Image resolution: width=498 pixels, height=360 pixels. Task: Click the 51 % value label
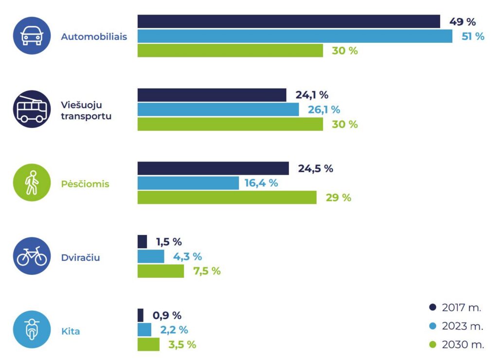pyautogui.click(x=473, y=36)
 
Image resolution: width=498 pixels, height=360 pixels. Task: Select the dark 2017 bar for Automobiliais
pyautogui.click(x=289, y=21)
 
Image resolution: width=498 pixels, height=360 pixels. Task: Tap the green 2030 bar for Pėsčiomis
pyautogui.click(x=227, y=198)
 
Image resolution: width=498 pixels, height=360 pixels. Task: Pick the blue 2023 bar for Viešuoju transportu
pyautogui.click(x=218, y=109)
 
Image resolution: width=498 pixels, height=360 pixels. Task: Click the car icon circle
pyautogui.click(x=32, y=36)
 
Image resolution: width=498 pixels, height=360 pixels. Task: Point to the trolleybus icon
pyautogui.click(x=32, y=109)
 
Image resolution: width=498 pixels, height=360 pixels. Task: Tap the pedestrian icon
pyautogui.click(x=32, y=182)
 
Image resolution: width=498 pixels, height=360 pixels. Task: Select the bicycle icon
pyautogui.click(x=32, y=256)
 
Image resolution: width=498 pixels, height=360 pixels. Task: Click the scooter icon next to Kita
pyautogui.click(x=32, y=329)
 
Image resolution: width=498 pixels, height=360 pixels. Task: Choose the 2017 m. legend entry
pyautogui.click(x=455, y=307)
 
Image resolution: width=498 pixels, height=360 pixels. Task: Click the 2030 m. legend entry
pyautogui.click(x=456, y=344)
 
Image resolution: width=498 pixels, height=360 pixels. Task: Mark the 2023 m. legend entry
pyautogui.click(x=456, y=326)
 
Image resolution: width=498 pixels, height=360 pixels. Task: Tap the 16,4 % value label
pyautogui.click(x=261, y=183)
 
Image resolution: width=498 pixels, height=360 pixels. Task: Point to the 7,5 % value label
pyautogui.click(x=207, y=271)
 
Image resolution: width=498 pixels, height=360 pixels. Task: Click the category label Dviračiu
pyautogui.click(x=80, y=257)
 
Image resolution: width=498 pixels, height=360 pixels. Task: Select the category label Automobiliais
pyautogui.click(x=94, y=36)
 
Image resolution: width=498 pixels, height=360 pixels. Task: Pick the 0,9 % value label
pyautogui.click(x=167, y=315)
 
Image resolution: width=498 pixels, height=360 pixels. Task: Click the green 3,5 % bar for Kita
pyautogui.click(x=148, y=344)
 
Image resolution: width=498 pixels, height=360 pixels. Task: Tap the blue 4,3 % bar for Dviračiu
pyautogui.click(x=151, y=256)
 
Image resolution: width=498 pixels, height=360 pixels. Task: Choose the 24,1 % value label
pyautogui.click(x=312, y=95)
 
